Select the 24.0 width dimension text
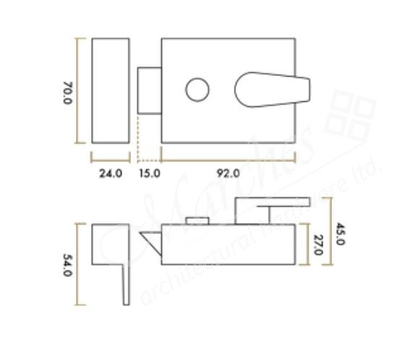pos(110,173)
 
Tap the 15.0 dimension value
pos(150,173)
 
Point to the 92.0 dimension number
pos(229,173)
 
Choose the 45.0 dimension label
pos(341,232)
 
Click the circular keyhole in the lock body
pos(196,90)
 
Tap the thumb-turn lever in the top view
pos(272,89)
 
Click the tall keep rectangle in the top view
pos(111,90)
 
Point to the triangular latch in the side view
pos(150,241)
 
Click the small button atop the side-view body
pos(193,220)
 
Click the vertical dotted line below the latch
pos(137,137)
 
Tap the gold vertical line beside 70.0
pos(81,90)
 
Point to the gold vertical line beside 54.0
pos(82,265)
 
